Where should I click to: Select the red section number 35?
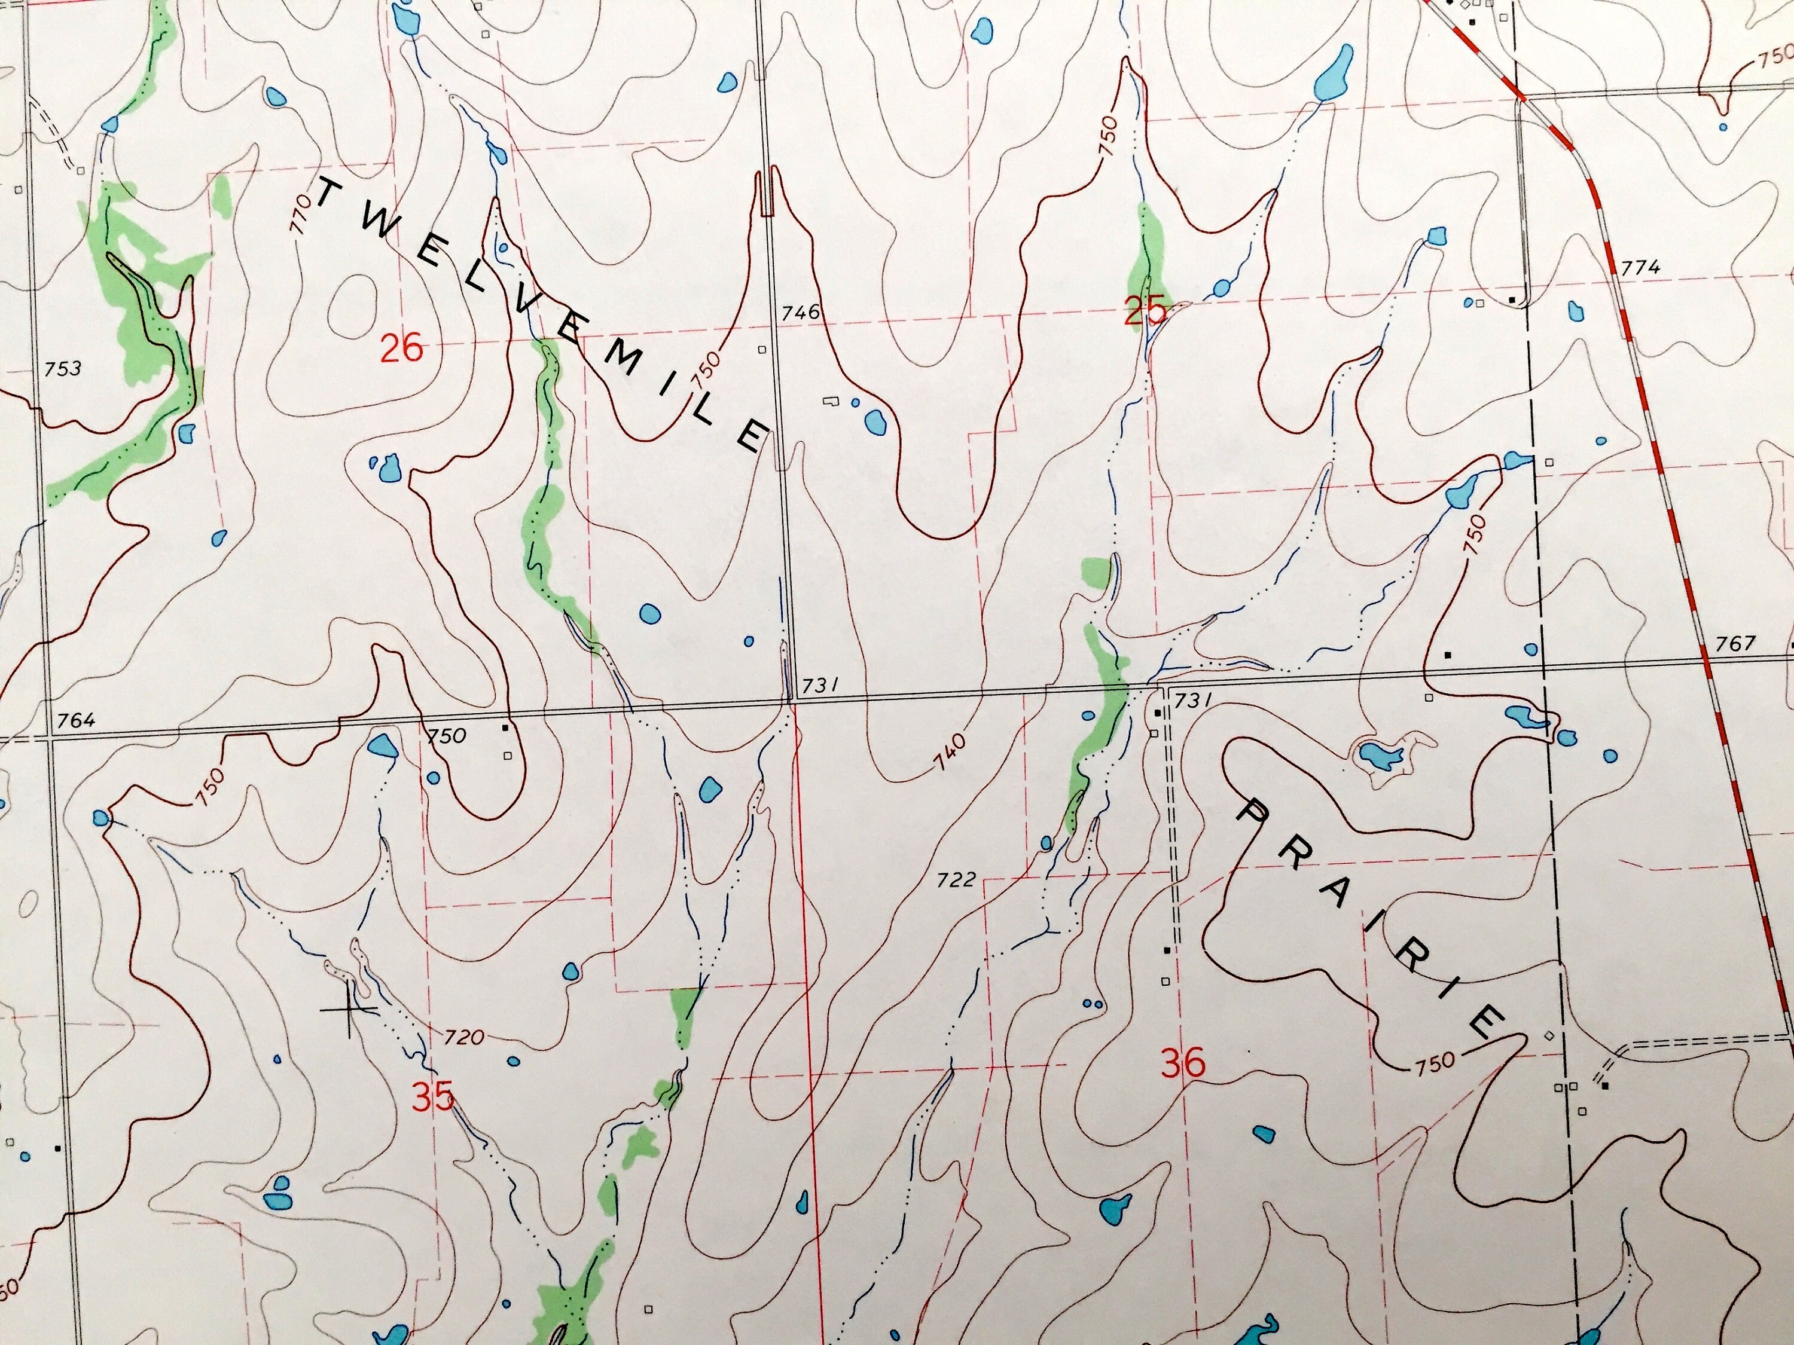point(432,1099)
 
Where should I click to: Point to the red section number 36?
point(1183,1063)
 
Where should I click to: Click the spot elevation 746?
point(801,312)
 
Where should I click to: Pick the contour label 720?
point(464,1038)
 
